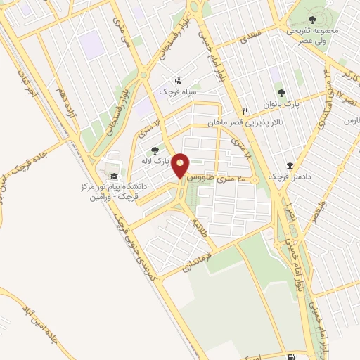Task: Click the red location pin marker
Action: pyautogui.click(x=181, y=167)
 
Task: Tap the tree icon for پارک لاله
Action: pyautogui.click(x=155, y=150)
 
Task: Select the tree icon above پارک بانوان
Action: pyautogui.click(x=282, y=92)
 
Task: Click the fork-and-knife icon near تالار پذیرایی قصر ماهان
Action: pyautogui.click(x=245, y=110)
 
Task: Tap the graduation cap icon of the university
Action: pyautogui.click(x=113, y=176)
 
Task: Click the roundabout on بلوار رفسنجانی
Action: pyautogui.click(x=143, y=74)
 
